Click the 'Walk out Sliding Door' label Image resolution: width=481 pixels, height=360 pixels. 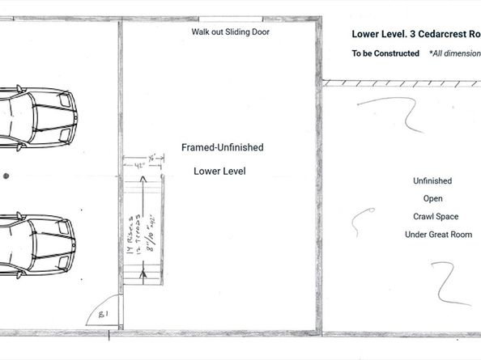click(230, 32)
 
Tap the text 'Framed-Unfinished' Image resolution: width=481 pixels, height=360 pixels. click(222, 148)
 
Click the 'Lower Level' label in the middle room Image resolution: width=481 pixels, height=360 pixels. click(219, 172)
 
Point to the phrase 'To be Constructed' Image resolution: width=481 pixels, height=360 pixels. click(385, 53)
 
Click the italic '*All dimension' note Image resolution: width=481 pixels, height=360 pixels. click(454, 53)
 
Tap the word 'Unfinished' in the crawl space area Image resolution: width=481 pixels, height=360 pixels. click(432, 181)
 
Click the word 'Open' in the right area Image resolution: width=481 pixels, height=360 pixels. click(432, 199)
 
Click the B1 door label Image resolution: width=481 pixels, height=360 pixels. click(104, 313)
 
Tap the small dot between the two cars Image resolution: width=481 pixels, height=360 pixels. click(6, 175)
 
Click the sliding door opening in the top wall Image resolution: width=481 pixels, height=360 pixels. click(230, 22)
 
